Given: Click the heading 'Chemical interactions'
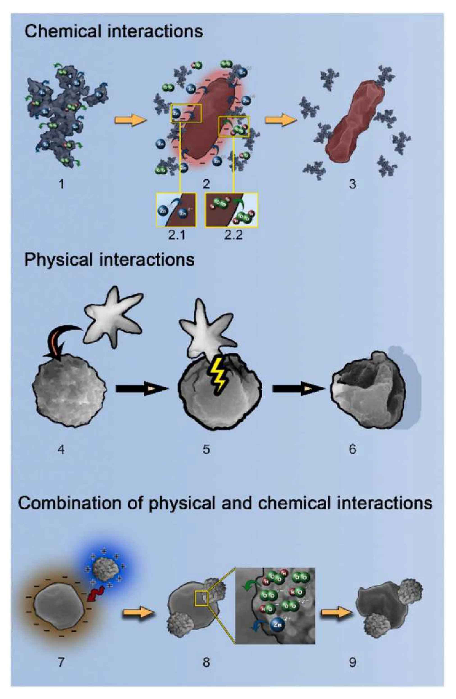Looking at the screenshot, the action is click(113, 31).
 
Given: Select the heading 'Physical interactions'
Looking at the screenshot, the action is click(109, 260).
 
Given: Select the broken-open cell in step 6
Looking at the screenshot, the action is click(369, 389).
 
